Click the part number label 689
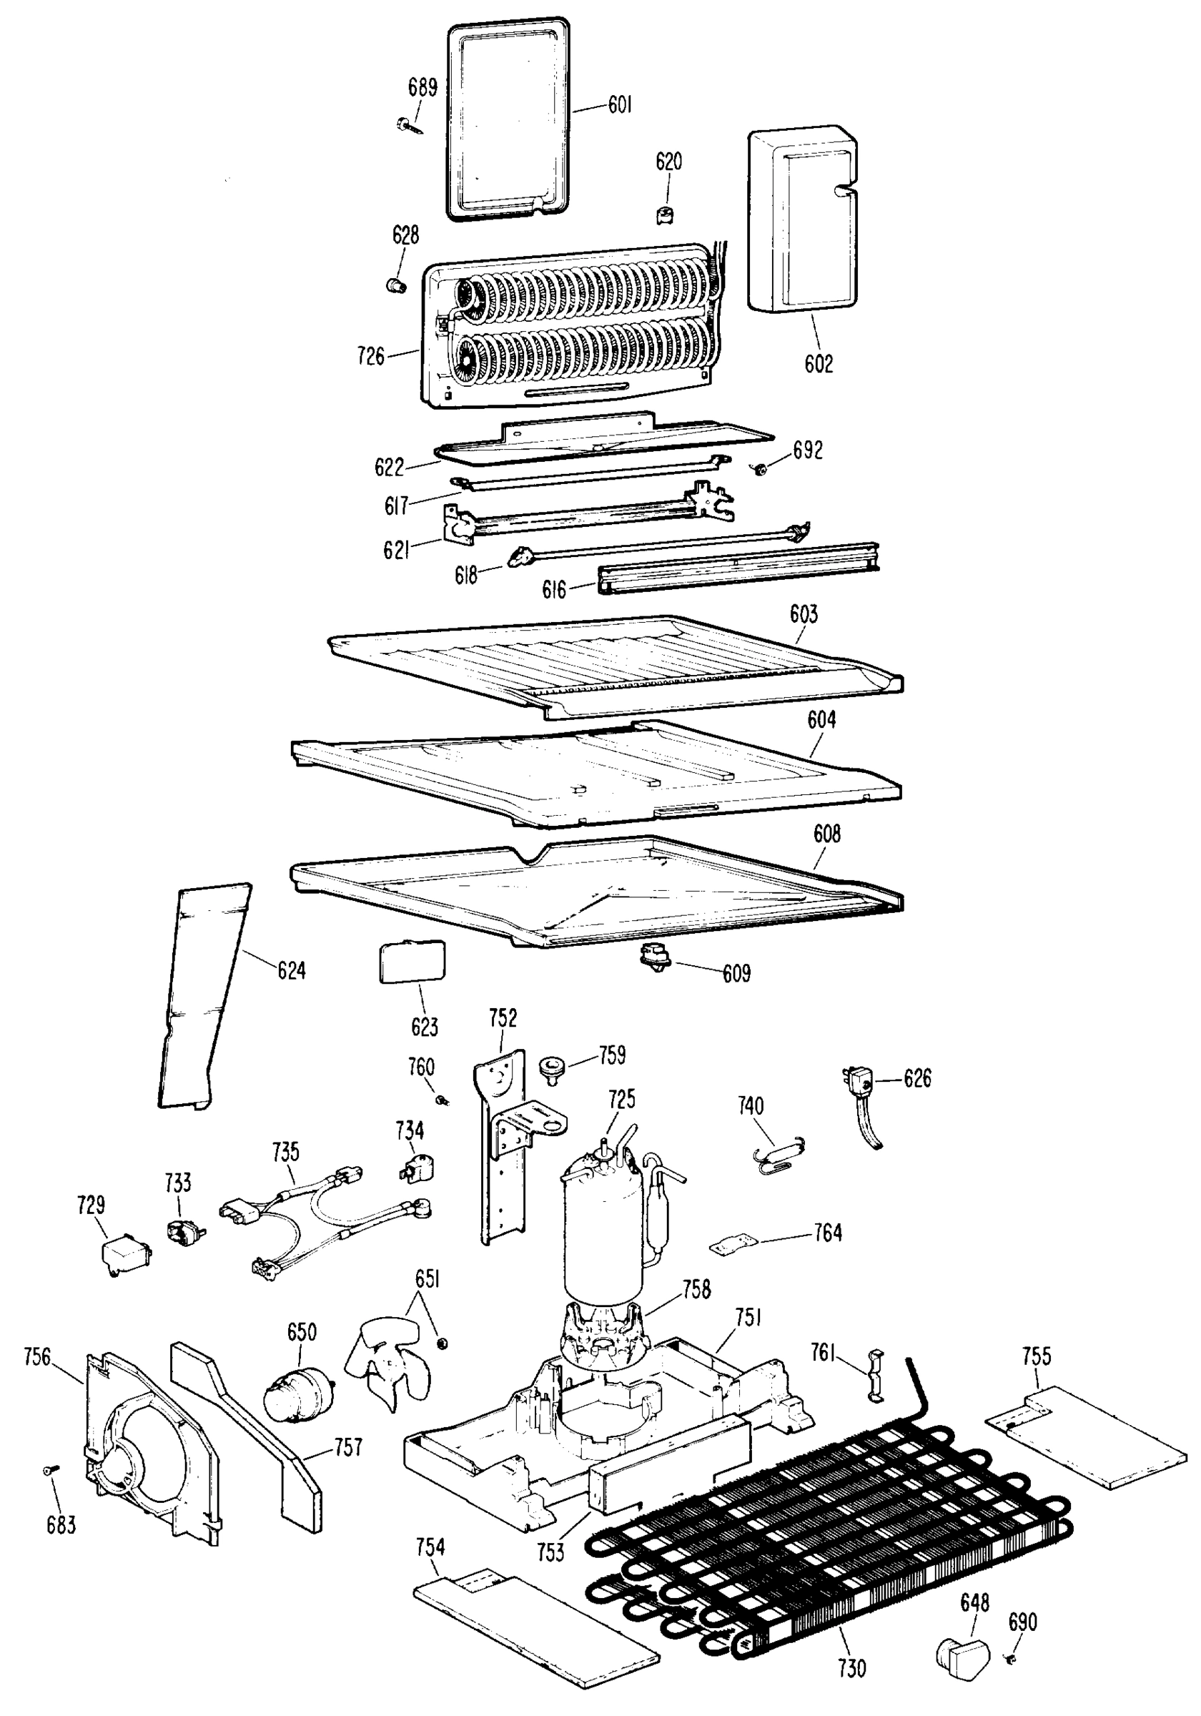click(x=422, y=87)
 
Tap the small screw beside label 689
click(x=407, y=125)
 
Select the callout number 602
click(x=819, y=364)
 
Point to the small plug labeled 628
click(x=397, y=285)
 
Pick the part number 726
click(x=371, y=356)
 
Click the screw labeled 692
click(x=761, y=469)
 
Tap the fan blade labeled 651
click(x=389, y=1365)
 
